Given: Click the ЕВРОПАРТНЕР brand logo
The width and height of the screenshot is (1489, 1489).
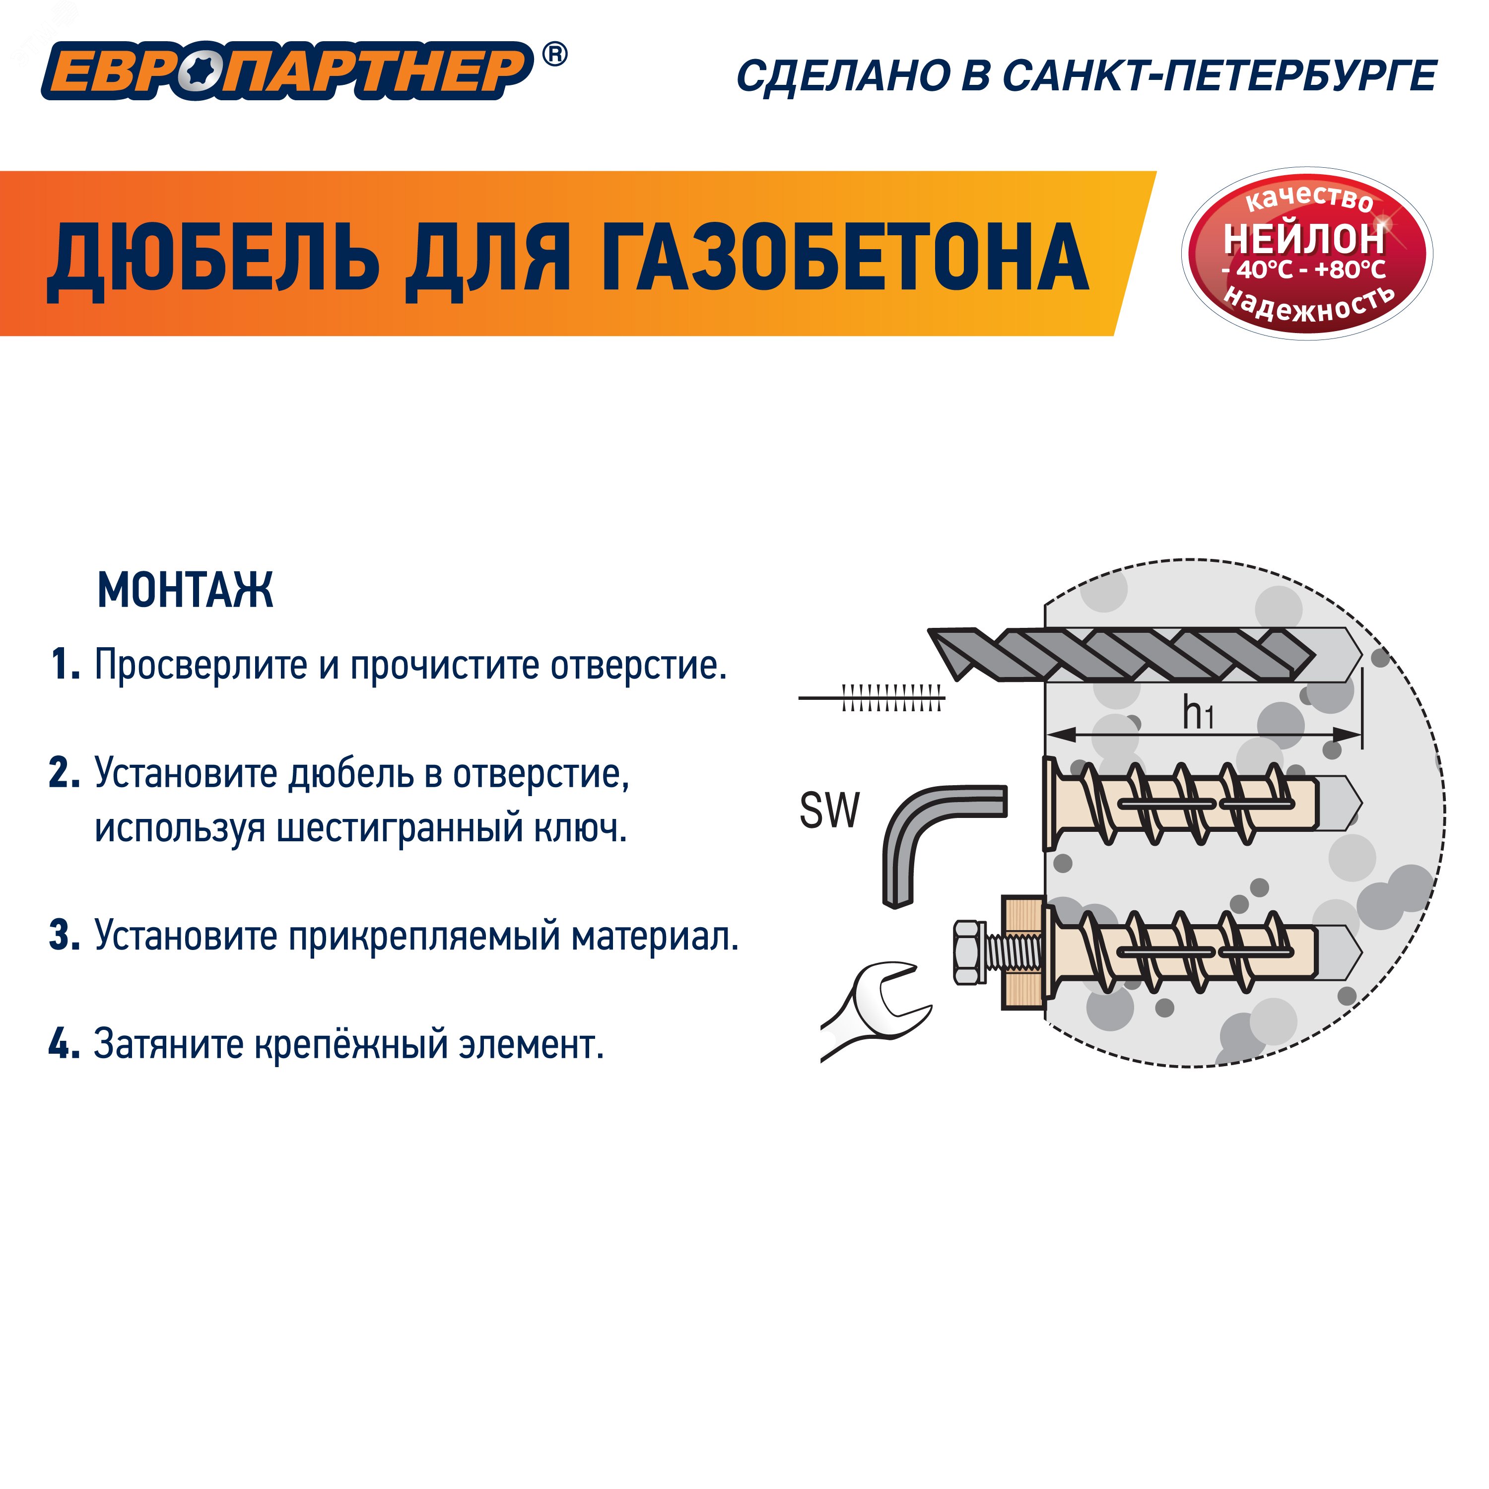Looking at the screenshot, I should coord(285,71).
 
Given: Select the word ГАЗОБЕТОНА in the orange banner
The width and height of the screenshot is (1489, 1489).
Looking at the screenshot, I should coord(844,256).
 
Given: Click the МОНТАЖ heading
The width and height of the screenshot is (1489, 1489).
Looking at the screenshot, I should coord(185,591).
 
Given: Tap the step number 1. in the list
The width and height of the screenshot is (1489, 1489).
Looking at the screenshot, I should coord(66,665).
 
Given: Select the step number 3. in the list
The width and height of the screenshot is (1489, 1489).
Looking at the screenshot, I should coord(66,936).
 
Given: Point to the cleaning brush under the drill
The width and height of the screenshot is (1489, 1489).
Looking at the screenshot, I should coord(886,698).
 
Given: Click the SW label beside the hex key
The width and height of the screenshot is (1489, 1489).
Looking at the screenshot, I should coord(828,811).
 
